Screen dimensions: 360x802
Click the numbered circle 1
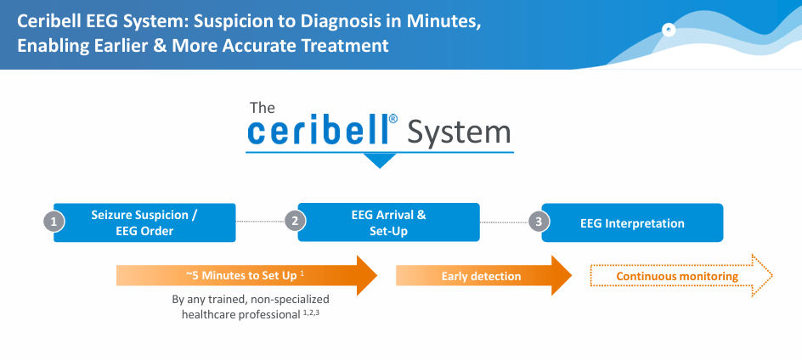[x=54, y=222]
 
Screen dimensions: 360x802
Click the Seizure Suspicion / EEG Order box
[x=144, y=222]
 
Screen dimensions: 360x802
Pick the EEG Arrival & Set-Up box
[x=388, y=222]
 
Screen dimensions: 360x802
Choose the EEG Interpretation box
[x=632, y=223]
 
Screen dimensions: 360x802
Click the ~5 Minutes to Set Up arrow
[x=246, y=276]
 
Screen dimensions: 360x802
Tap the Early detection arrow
[x=483, y=276]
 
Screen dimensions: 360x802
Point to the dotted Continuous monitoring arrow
[x=680, y=276]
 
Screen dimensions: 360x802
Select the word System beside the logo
[x=459, y=132]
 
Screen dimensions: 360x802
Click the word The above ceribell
[x=263, y=108]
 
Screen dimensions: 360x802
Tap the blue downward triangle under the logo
[x=380, y=160]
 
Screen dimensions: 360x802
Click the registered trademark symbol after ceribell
[x=393, y=121]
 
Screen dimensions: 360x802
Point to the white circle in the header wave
[x=669, y=31]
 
